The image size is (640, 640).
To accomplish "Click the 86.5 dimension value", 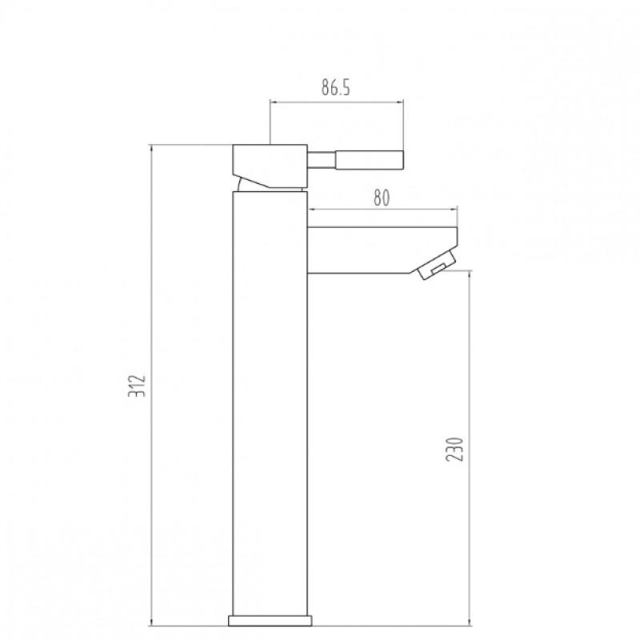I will (337, 89).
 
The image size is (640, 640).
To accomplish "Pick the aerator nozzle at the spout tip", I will (436, 266).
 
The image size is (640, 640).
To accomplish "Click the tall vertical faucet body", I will (270, 400).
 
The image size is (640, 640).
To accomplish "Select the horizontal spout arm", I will (376, 250).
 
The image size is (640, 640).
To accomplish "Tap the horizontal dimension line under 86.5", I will (337, 102).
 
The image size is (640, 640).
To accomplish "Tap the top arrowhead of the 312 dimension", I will (152, 148).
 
